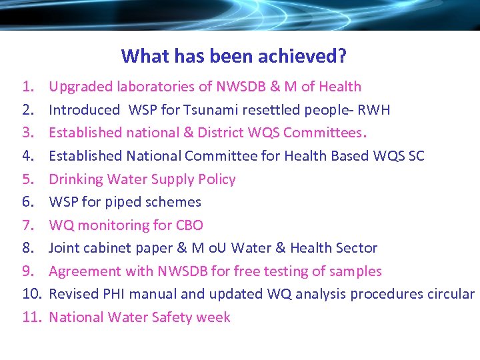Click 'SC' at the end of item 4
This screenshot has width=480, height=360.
tap(415, 156)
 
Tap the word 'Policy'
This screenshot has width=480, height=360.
tap(215, 179)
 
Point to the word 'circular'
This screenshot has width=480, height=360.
tap(449, 294)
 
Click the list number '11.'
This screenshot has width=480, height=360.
tap(31, 317)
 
